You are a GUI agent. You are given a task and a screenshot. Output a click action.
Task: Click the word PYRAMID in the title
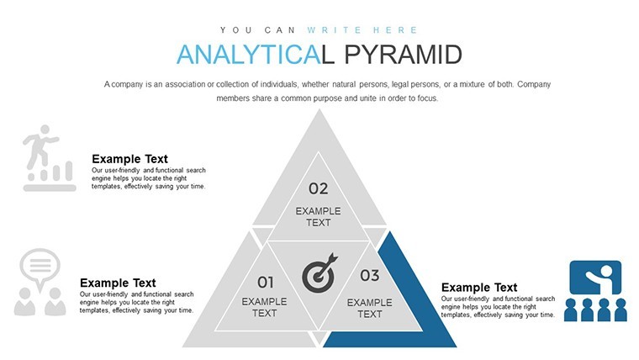pos(403,55)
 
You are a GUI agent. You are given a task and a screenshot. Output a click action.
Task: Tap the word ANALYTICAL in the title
pos(256,55)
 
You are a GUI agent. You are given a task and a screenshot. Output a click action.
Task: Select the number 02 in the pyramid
pos(319,188)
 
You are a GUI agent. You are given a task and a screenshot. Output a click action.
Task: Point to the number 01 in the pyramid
pos(266,282)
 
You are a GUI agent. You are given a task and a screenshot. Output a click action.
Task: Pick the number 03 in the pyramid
pos(370,276)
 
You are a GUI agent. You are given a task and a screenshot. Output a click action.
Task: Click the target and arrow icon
pos(319,273)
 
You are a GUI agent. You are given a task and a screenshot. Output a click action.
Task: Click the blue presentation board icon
pos(595,291)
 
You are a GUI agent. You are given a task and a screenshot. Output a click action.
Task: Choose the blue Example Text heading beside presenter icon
pos(479,288)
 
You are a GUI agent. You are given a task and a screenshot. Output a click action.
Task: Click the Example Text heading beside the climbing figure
pos(129,159)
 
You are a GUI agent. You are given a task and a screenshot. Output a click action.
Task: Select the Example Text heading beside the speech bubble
pos(118,283)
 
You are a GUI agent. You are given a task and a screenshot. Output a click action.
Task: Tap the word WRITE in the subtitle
pos(334,30)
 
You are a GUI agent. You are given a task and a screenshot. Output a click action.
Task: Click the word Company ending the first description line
pos(534,84)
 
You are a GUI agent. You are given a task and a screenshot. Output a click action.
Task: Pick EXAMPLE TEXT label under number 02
pos(319,217)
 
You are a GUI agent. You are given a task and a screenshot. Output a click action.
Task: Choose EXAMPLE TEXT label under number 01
pos(265,307)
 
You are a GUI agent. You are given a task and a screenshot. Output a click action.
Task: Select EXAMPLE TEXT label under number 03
pos(370,308)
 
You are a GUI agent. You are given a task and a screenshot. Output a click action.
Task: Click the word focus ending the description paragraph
pos(427,98)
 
